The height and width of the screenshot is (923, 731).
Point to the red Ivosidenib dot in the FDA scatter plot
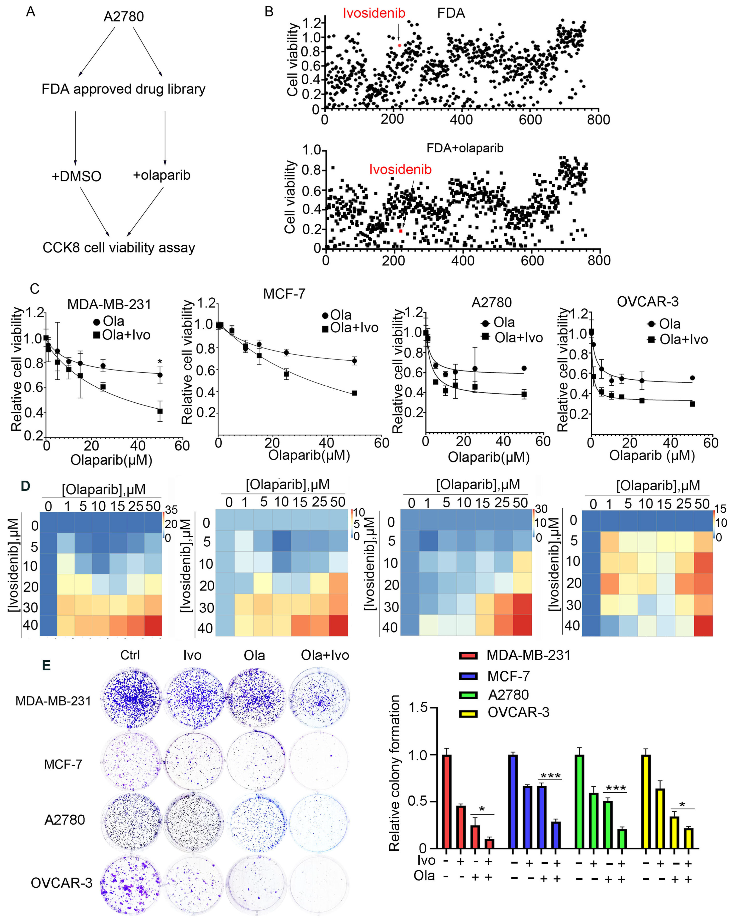tap(399, 45)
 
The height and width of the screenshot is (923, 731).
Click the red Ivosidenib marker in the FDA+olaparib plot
tap(400, 231)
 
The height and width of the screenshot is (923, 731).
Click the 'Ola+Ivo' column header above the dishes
tap(325, 655)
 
